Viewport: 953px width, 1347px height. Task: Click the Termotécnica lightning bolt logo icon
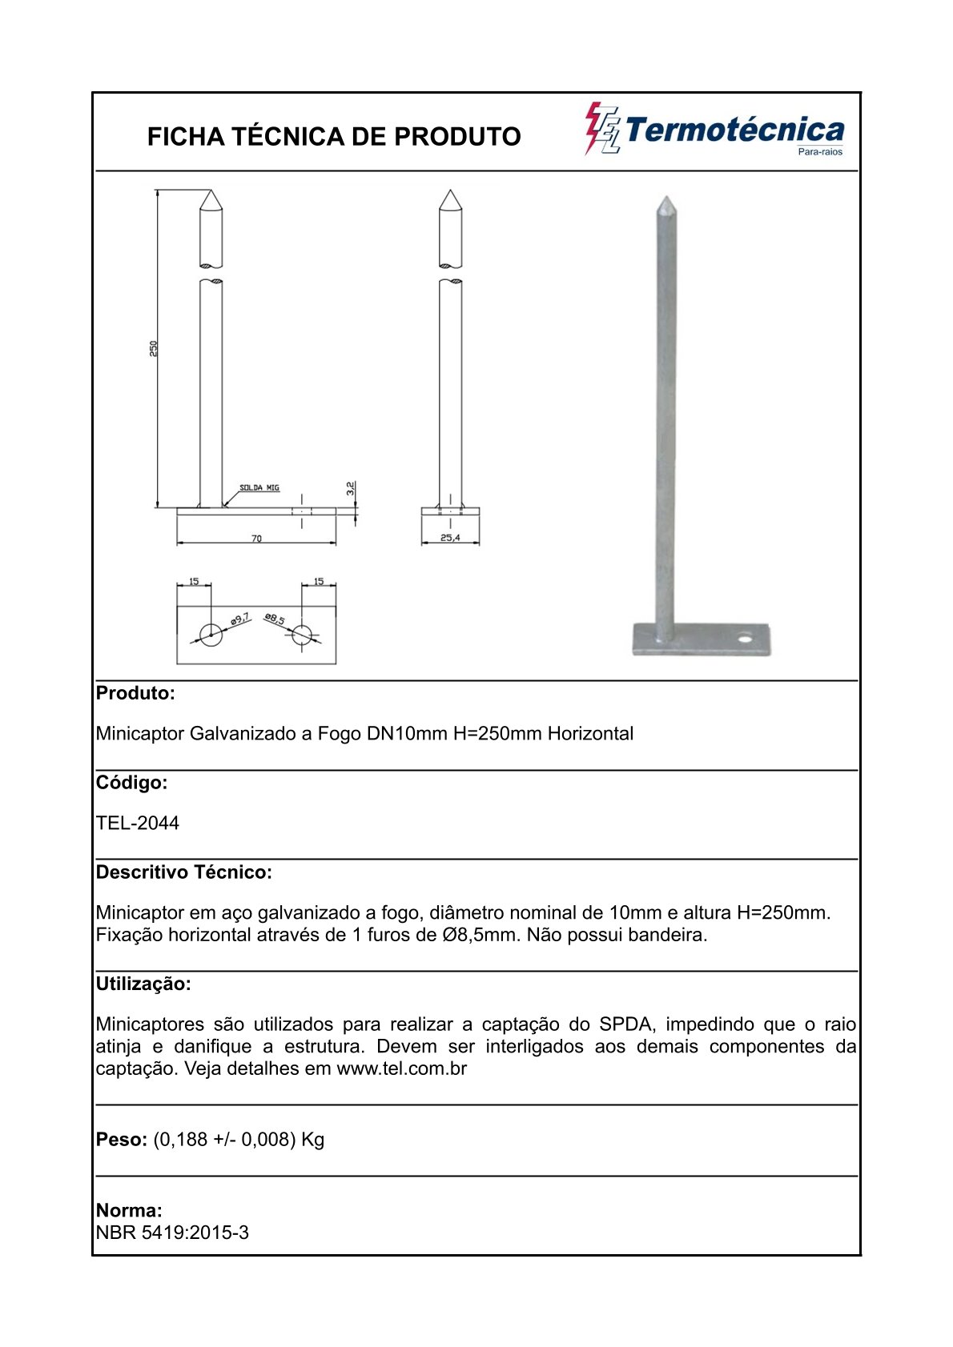pyautogui.click(x=601, y=128)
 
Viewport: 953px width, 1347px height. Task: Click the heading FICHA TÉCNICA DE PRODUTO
pyautogui.click(x=334, y=137)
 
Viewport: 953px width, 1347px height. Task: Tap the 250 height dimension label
pyautogui.click(x=154, y=348)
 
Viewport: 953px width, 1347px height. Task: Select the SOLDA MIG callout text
pyautogui.click(x=259, y=487)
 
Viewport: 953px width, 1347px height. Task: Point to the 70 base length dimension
pyautogui.click(x=256, y=539)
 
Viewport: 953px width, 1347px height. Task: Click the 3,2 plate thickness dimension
pyautogui.click(x=350, y=489)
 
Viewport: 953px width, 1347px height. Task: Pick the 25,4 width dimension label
pyautogui.click(x=450, y=538)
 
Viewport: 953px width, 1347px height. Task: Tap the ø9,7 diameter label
pyautogui.click(x=239, y=619)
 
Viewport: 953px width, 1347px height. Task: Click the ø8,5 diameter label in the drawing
pyautogui.click(x=275, y=619)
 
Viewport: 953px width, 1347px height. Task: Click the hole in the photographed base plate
pyautogui.click(x=746, y=639)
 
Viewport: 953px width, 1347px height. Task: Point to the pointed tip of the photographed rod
pyautogui.click(x=665, y=198)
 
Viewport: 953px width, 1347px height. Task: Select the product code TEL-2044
pyautogui.click(x=138, y=823)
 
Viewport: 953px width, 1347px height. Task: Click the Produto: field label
pyautogui.click(x=135, y=693)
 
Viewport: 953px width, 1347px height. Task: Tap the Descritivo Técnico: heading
pyautogui.click(x=184, y=872)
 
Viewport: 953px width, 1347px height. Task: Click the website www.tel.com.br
pyautogui.click(x=401, y=1068)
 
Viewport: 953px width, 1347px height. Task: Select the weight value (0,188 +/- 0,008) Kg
pyautogui.click(x=239, y=1139)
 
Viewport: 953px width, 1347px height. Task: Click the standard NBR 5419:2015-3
pyautogui.click(x=172, y=1233)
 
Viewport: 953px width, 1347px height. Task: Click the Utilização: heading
pyautogui.click(x=143, y=984)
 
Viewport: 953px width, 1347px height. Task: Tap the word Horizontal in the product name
pyautogui.click(x=590, y=733)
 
